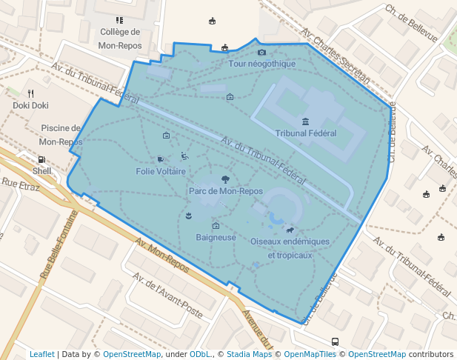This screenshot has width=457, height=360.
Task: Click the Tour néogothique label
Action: [262, 64]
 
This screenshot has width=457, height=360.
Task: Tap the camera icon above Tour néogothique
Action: [261, 52]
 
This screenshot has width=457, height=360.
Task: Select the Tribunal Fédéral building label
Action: [305, 133]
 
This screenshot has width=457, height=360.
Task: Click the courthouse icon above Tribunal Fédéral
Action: [305, 121]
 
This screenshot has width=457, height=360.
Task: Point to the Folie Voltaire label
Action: [161, 171]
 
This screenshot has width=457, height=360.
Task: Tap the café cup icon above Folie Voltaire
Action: [161, 159]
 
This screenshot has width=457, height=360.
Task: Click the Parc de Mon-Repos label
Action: [226, 191]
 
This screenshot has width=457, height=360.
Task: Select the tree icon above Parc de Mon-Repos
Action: [225, 179]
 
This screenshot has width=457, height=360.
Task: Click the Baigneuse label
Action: [216, 238]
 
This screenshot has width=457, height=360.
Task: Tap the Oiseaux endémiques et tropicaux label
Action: [290, 248]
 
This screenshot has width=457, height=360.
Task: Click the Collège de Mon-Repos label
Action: [120, 38]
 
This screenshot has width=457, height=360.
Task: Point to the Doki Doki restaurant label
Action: [30, 105]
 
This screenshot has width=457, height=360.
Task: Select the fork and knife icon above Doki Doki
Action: [30, 94]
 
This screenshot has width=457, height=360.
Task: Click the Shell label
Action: [42, 170]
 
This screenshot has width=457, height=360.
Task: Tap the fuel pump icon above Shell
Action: [41, 159]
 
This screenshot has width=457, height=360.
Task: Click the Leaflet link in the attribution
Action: [41, 354]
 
